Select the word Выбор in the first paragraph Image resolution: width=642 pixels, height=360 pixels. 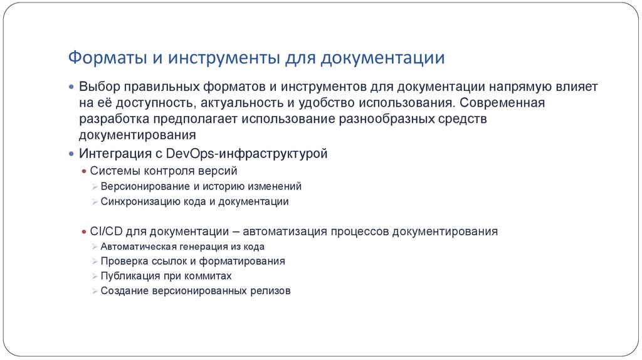[98, 86]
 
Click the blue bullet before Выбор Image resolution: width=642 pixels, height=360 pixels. [72, 86]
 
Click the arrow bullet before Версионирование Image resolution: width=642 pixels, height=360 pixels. [94, 186]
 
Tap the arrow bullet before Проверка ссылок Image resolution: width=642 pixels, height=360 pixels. [94, 261]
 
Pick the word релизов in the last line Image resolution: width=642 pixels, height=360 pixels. [270, 292]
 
